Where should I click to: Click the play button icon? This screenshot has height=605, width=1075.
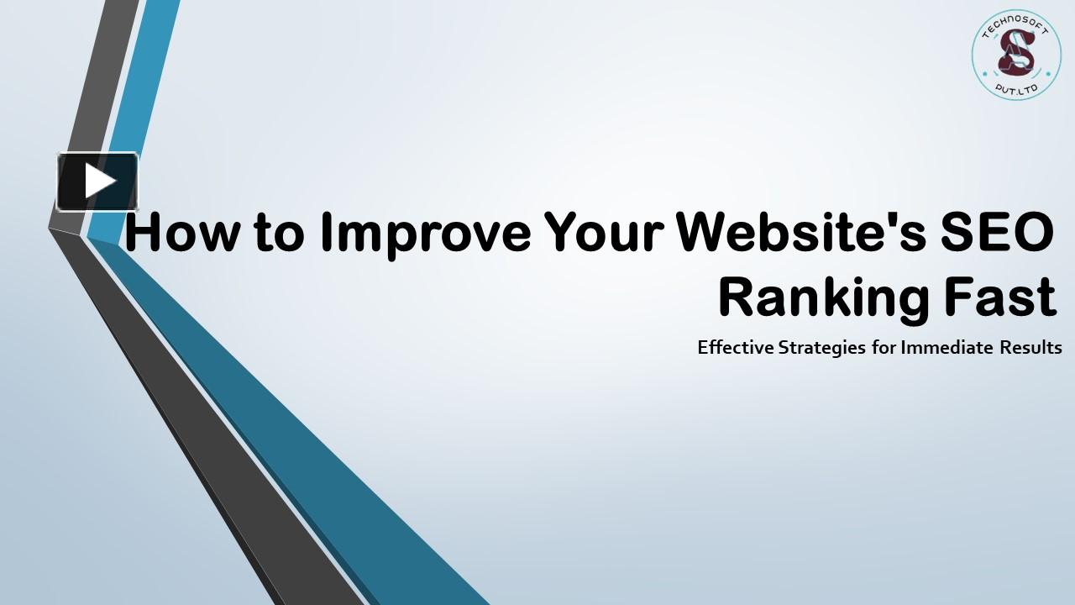(97, 181)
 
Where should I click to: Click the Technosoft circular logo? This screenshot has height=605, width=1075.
(1015, 55)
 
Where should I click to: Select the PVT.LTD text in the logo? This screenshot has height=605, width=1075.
(1015, 87)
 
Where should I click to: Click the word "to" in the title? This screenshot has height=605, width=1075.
(277, 234)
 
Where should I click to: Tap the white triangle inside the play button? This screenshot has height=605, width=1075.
(100, 181)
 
